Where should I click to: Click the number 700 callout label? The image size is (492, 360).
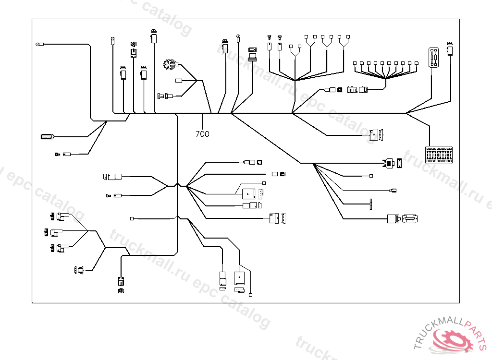coord(202,134)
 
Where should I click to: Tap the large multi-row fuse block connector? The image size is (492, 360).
coord(440,155)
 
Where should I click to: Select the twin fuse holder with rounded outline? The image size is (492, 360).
coord(434,58)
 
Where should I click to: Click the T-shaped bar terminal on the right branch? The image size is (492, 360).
coord(371,204)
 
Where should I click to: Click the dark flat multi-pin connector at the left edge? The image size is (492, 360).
coord(48,137)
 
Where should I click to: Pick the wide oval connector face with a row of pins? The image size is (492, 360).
coord(410,219)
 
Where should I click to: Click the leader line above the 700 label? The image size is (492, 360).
coord(202,121)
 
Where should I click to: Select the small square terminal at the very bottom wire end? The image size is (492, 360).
coord(251,293)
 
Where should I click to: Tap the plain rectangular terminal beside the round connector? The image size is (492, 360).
coord(179,81)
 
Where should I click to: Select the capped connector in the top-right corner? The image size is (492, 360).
coord(450,49)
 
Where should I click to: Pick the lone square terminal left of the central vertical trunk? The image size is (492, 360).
coord(132,219)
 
